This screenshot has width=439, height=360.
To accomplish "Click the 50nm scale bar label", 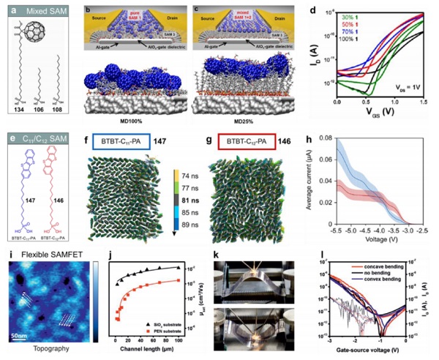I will coord(18,334).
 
